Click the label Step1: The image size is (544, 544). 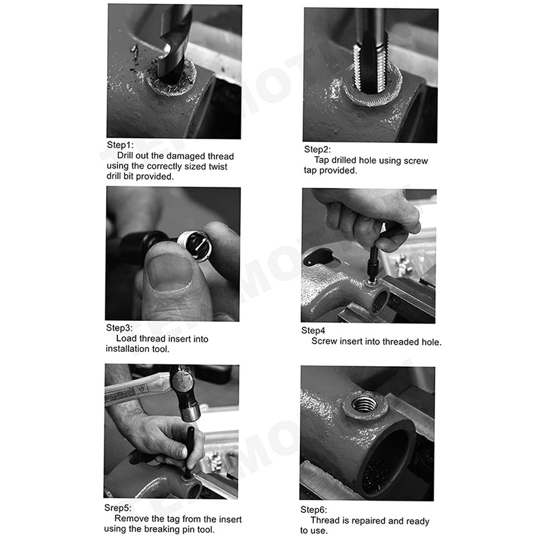click(120, 145)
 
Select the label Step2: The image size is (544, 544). click(318, 150)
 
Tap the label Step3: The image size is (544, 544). click(119, 328)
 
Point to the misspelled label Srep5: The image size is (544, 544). click(118, 508)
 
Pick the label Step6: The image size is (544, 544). click(314, 510)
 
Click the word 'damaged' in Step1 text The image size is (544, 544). click(178, 156)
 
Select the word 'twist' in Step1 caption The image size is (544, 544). click(218, 166)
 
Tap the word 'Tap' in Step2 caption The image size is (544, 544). click(322, 160)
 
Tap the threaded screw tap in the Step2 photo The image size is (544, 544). click(370, 52)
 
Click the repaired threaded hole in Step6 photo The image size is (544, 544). click(364, 404)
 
